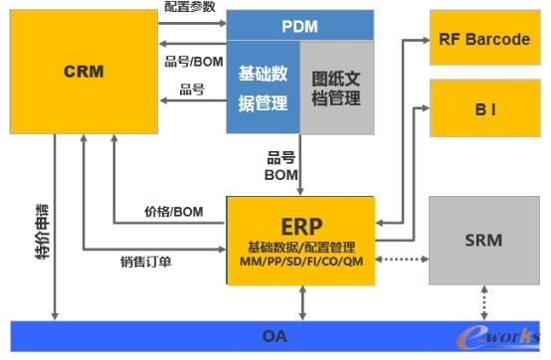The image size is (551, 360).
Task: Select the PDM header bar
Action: (299, 25)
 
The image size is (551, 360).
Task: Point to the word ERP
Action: (299, 223)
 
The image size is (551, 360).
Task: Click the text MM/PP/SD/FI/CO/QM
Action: (299, 261)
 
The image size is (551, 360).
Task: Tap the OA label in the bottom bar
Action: (275, 336)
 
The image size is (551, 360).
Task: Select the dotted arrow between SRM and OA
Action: (484, 301)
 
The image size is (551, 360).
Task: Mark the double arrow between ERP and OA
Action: (299, 301)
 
